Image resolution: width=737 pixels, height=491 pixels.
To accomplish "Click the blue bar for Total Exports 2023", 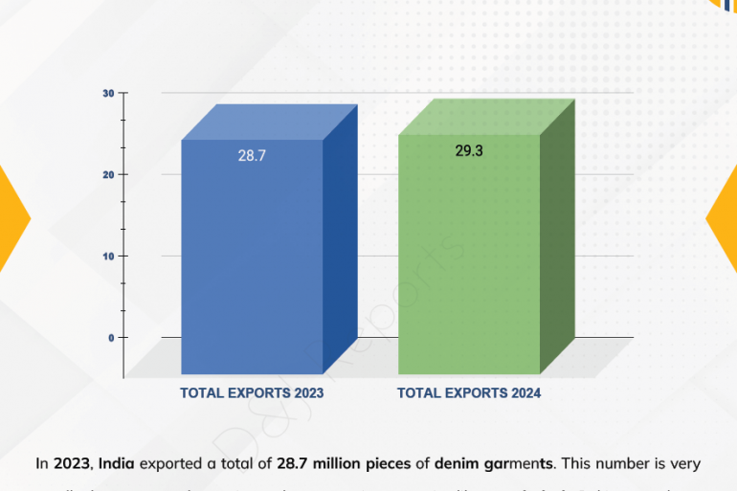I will pos(252,258).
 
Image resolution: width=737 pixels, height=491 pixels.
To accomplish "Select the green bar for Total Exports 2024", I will pos(469,258).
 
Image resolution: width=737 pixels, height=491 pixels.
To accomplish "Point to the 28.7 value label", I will pos(252,155).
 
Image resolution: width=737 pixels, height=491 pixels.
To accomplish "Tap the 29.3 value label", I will pos(468,150).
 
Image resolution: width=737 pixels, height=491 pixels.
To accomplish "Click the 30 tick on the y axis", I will pos(109,93).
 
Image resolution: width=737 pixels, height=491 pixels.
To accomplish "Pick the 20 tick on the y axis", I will pos(109,174).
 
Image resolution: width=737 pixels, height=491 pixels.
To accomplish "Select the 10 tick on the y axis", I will pos(109,256).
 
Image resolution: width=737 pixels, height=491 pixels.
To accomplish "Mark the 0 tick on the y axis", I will pos(111,337).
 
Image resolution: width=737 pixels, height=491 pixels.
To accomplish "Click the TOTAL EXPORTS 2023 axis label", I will pos(252,393).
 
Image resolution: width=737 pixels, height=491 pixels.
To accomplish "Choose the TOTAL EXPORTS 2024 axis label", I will pos(469,393).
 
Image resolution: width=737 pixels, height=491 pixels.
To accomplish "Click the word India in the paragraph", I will pos(116,464).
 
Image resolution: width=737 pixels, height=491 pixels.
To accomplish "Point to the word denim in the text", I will pos(458,464).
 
